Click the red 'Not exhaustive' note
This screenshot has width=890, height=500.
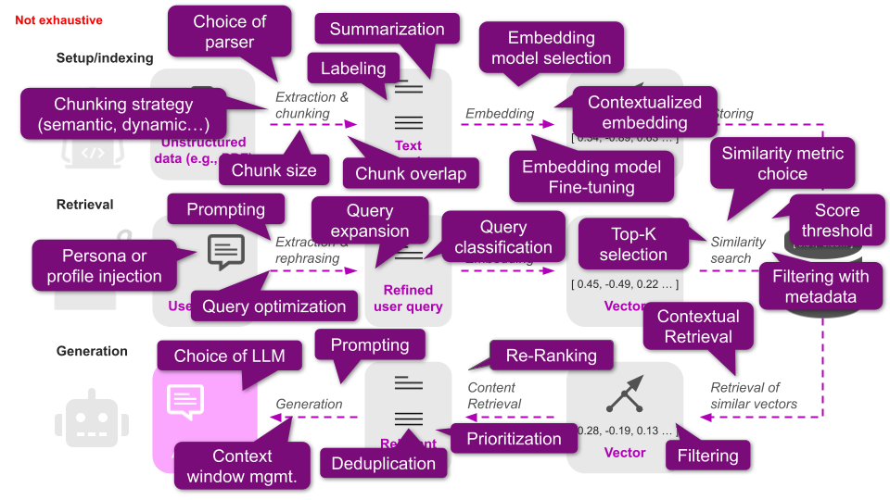click(58, 20)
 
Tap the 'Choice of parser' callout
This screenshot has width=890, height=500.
click(229, 31)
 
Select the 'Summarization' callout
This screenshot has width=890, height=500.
click(388, 29)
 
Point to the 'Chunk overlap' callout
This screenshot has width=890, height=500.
click(411, 172)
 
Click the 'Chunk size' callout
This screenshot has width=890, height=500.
click(273, 170)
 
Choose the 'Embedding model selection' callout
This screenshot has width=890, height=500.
click(551, 48)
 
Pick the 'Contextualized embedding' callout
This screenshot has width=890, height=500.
click(644, 112)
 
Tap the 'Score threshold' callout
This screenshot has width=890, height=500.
click(836, 220)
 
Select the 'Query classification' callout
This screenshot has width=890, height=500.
click(503, 237)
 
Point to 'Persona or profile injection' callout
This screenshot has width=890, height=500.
click(104, 266)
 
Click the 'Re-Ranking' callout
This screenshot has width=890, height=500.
click(552, 356)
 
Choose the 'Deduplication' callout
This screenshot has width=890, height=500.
click(384, 463)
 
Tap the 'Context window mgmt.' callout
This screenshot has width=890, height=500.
click(242, 467)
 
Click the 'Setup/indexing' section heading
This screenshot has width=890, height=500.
click(105, 58)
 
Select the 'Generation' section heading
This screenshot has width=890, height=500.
click(92, 351)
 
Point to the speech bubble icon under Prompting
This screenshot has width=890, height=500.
click(226, 251)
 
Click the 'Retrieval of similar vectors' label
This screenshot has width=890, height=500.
click(754, 395)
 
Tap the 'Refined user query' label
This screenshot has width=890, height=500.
click(408, 298)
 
